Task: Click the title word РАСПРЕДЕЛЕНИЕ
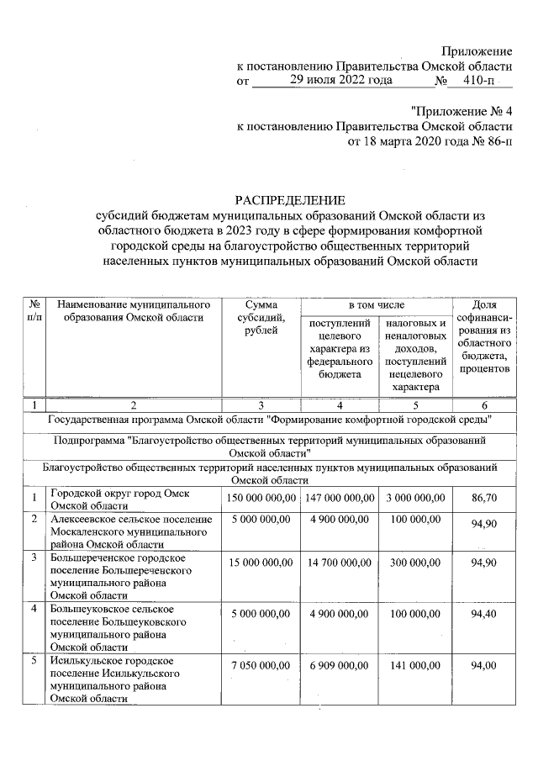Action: tap(290, 200)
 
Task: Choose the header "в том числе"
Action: tap(377, 303)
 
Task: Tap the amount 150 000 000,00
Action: tap(261, 498)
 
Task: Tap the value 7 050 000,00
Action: tap(261, 666)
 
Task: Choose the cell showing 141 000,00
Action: tap(415, 666)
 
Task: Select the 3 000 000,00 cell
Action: tap(415, 498)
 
